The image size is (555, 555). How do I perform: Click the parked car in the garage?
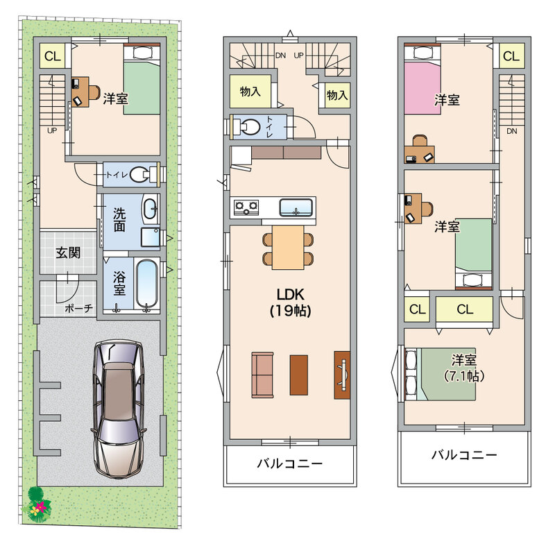(119, 409)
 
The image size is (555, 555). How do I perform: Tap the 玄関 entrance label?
(68, 253)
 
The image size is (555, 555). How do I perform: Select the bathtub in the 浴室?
(146, 285)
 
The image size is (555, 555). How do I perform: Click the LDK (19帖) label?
(290, 302)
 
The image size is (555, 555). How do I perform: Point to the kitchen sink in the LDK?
(296, 207)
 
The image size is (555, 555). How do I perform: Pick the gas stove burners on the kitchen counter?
(246, 206)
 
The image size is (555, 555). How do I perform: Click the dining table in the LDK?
(288, 247)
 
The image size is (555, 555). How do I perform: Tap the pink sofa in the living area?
(262, 375)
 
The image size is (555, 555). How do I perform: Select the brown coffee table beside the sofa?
(299, 375)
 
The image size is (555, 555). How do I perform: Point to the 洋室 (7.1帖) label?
(463, 368)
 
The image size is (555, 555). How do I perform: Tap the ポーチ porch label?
(78, 308)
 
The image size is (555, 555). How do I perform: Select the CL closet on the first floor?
(53, 56)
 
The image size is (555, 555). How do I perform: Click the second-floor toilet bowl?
(250, 126)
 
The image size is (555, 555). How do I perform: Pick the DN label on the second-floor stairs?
(280, 55)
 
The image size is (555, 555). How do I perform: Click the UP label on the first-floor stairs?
(52, 130)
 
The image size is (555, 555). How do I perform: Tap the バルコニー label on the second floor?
(290, 463)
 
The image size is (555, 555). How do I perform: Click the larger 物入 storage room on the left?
(250, 92)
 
